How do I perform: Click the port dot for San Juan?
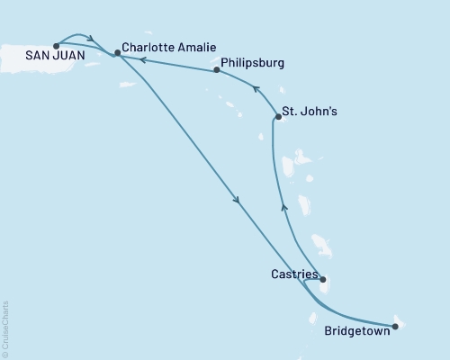[x=57, y=44]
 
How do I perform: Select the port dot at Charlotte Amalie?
[x=117, y=53]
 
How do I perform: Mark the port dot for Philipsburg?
[x=217, y=69]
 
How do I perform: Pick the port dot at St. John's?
[x=278, y=117]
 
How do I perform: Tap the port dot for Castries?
[x=323, y=280]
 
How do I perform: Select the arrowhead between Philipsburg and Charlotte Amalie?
[x=140, y=59]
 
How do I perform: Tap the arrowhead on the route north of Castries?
[x=284, y=208]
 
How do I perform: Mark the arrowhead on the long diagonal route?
[x=236, y=201]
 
